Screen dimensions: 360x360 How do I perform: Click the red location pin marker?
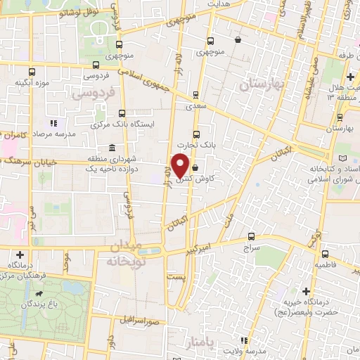180,165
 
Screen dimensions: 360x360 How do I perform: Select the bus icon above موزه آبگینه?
32,72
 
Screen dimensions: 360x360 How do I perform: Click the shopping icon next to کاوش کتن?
195,167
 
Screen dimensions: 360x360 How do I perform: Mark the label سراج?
251,248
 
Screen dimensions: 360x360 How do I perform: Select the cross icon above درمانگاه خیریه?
306,290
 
